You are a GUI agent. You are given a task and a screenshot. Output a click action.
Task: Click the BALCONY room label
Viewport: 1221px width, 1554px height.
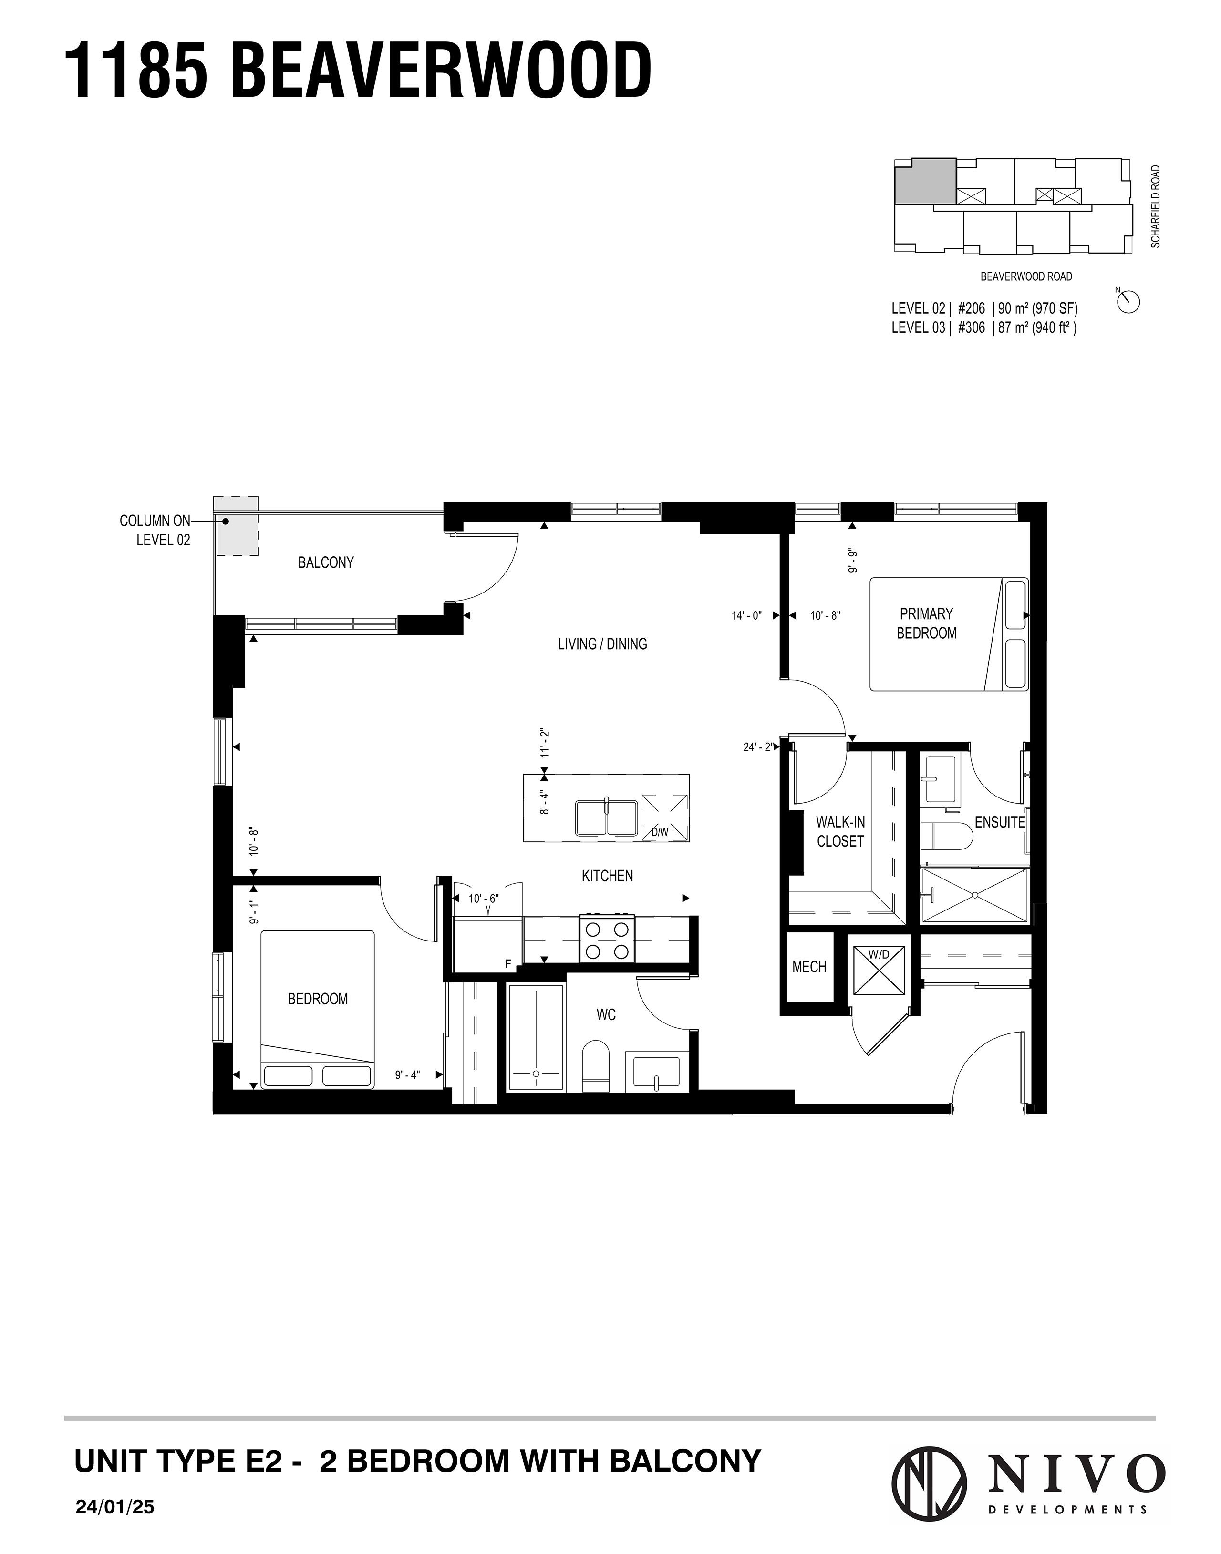326,563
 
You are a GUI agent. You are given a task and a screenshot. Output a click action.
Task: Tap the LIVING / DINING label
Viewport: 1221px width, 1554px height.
603,644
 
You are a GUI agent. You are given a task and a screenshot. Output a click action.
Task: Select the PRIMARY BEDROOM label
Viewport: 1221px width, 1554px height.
926,624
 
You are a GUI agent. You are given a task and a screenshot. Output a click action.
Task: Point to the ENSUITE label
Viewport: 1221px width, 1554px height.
999,822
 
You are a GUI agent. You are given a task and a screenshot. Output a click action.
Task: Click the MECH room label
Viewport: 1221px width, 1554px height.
809,967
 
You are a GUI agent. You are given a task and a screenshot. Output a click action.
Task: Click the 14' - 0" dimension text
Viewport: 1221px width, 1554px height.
747,615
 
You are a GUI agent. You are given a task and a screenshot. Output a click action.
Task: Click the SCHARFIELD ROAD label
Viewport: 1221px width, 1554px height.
1156,207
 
